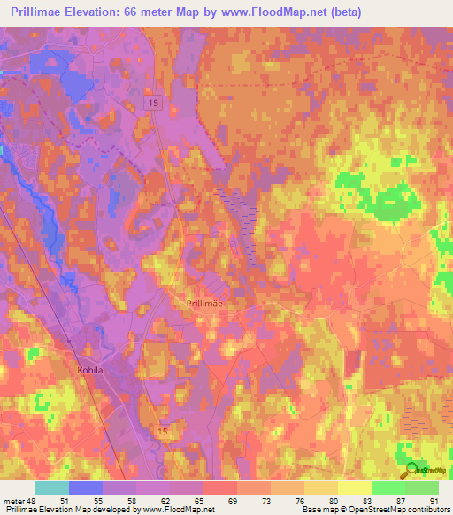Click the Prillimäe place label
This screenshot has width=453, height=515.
(204, 303)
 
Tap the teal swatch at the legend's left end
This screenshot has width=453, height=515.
(52, 488)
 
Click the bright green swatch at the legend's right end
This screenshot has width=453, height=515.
(422, 488)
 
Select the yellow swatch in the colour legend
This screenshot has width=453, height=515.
(355, 488)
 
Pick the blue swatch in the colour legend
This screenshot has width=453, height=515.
(86, 488)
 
